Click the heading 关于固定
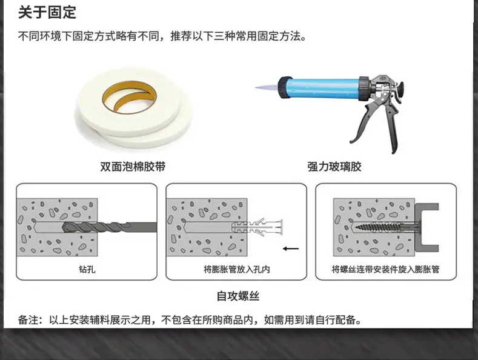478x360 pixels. coord(47,13)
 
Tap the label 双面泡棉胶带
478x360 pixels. coord(133,167)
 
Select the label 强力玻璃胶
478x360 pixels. coord(334,167)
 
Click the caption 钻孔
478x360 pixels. coord(87,269)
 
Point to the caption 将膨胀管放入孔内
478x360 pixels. coord(236,269)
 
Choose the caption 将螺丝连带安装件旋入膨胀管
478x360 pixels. coord(386,269)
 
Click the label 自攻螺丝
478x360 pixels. coord(237,296)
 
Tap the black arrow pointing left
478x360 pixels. coord(291,248)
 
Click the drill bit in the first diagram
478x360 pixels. coord(110,227)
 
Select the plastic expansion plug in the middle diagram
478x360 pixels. coord(257,227)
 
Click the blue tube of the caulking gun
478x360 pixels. coord(323,88)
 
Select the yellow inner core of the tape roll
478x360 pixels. coord(129,97)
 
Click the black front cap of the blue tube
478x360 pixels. coord(283,88)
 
